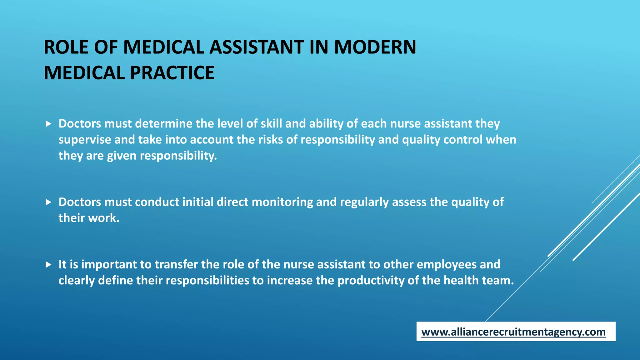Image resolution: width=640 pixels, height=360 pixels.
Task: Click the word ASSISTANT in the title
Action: (x=257, y=47)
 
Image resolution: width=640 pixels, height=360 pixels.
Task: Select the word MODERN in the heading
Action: (x=375, y=47)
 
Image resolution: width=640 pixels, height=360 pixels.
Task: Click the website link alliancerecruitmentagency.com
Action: (x=513, y=332)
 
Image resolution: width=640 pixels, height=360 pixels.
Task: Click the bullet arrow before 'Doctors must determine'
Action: (x=48, y=124)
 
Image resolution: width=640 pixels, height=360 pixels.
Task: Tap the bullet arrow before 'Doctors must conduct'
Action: (x=48, y=202)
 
